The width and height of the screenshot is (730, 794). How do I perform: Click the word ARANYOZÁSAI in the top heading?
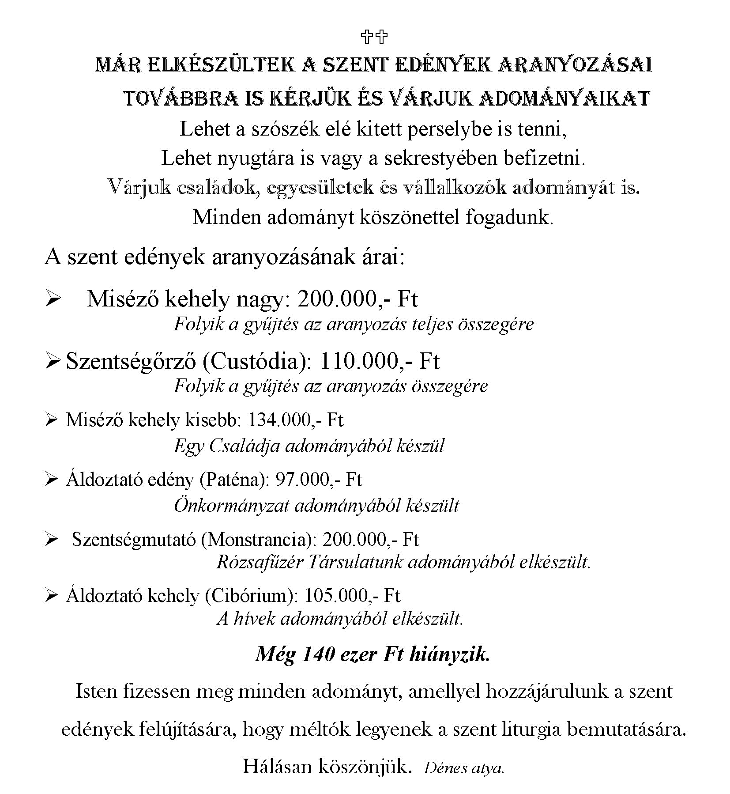coord(575,65)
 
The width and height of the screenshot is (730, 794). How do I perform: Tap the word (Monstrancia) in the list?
coord(259,540)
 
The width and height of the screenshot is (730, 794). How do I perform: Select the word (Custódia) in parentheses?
coord(257,361)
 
